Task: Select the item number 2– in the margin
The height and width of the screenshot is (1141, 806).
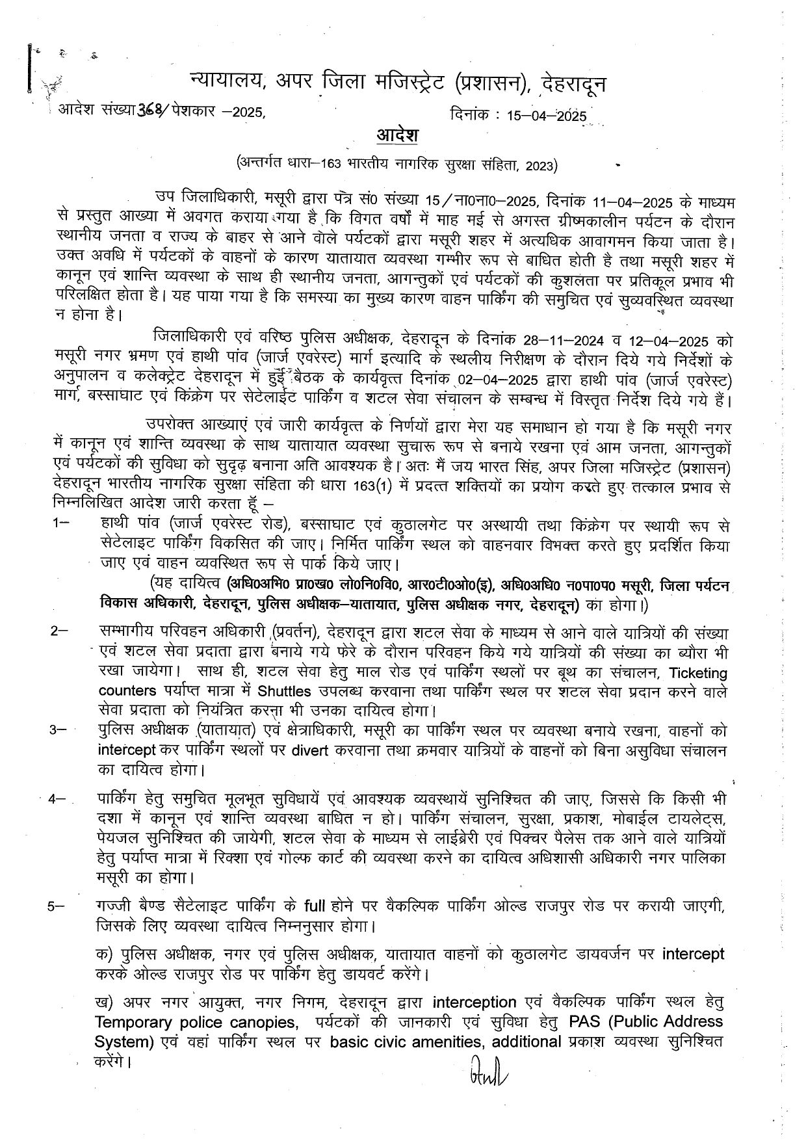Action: point(59,632)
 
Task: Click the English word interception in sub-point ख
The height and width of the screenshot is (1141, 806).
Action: point(474,1002)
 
